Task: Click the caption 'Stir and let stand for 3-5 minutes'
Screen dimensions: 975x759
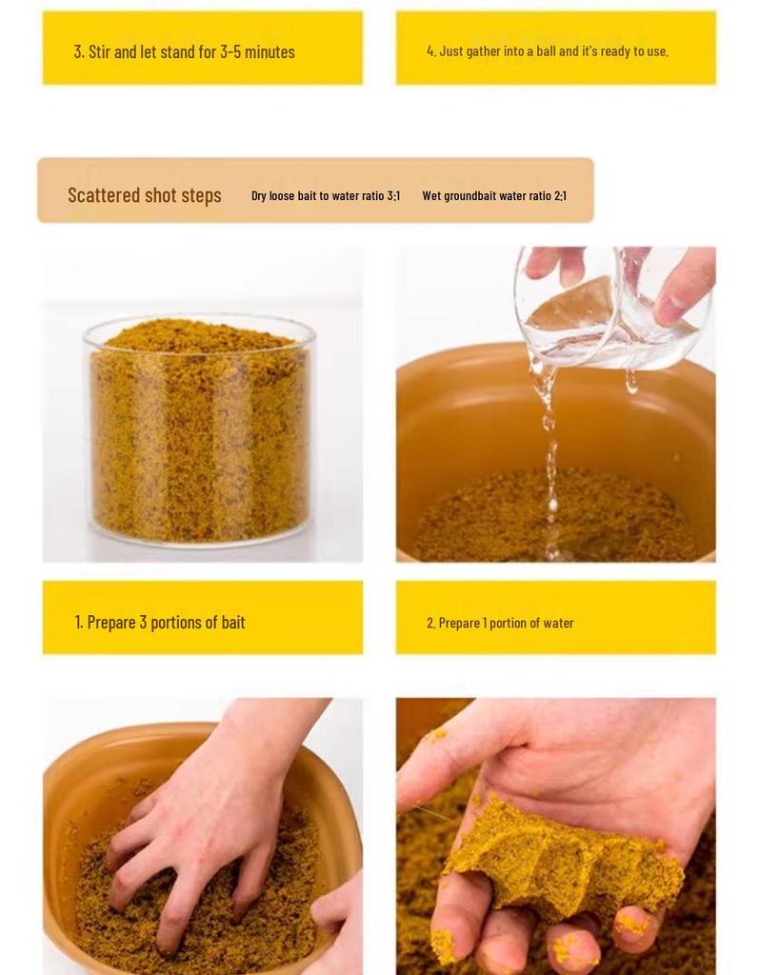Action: (x=185, y=51)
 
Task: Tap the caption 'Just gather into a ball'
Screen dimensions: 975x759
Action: (x=548, y=51)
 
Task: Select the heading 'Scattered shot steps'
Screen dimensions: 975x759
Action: (x=145, y=195)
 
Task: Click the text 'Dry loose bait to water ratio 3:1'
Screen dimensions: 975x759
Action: (x=326, y=196)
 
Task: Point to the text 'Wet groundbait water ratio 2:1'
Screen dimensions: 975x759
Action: (x=494, y=196)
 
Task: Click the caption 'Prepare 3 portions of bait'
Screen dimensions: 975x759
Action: (x=160, y=623)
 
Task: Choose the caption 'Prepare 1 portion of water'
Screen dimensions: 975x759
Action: (x=500, y=624)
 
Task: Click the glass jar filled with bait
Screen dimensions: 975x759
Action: (x=199, y=428)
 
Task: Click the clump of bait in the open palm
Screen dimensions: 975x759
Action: (x=562, y=862)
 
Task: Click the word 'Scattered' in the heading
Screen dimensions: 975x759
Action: (x=104, y=195)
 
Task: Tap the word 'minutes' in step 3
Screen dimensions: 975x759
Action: (x=270, y=51)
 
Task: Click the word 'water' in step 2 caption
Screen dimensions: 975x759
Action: (x=558, y=624)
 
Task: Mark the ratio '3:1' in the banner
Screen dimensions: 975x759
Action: (x=393, y=196)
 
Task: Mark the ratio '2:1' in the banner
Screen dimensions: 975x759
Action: (x=560, y=196)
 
